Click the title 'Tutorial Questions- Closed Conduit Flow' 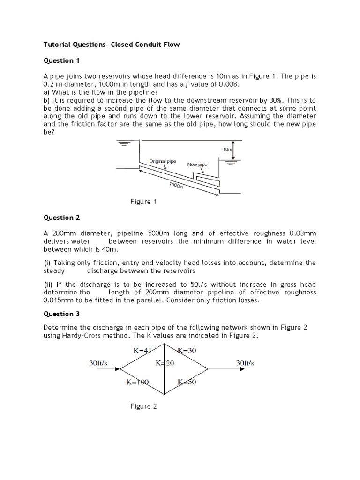pyautogui.click(x=112, y=45)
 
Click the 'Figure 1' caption pyautogui.click(x=143, y=202)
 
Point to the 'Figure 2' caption pyautogui.click(x=143, y=406)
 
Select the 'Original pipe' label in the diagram pyautogui.click(x=163, y=161)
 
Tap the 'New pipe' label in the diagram pyautogui.click(x=197, y=165)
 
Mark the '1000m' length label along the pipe pyautogui.click(x=177, y=186)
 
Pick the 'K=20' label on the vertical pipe pyautogui.click(x=165, y=363)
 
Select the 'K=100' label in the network pyautogui.click(x=137, y=382)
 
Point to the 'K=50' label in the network pyautogui.click(x=187, y=382)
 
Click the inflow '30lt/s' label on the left pyautogui.click(x=98, y=363)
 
